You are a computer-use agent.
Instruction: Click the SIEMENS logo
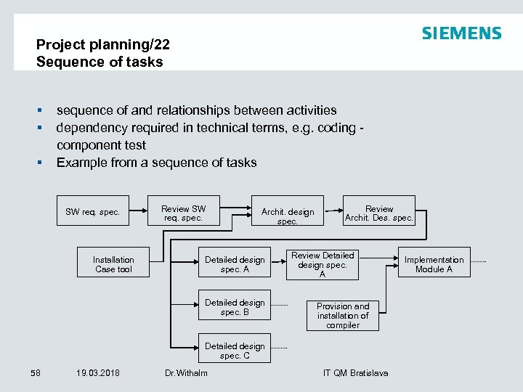(461, 33)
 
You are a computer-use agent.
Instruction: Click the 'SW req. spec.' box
(92, 212)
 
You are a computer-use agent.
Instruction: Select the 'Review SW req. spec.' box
(183, 213)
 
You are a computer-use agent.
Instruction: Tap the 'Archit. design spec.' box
(288, 216)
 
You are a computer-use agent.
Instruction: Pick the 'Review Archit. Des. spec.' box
(379, 213)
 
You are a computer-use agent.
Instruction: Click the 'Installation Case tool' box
(113, 264)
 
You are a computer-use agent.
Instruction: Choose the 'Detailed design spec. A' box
(235, 264)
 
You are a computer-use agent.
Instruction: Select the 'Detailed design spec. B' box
(235, 307)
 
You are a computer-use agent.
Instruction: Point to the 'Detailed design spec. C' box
(235, 351)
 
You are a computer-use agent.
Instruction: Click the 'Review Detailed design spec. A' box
(323, 264)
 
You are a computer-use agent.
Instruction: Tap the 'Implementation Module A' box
(434, 264)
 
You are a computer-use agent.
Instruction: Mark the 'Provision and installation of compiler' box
(343, 316)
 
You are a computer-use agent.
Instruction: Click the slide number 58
(36, 373)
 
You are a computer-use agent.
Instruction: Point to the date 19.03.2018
(98, 373)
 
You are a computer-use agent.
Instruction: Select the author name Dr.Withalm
(186, 373)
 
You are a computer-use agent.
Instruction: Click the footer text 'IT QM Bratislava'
(355, 373)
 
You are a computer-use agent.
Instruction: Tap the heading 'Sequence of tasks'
(100, 62)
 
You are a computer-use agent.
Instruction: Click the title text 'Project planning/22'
(103, 44)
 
